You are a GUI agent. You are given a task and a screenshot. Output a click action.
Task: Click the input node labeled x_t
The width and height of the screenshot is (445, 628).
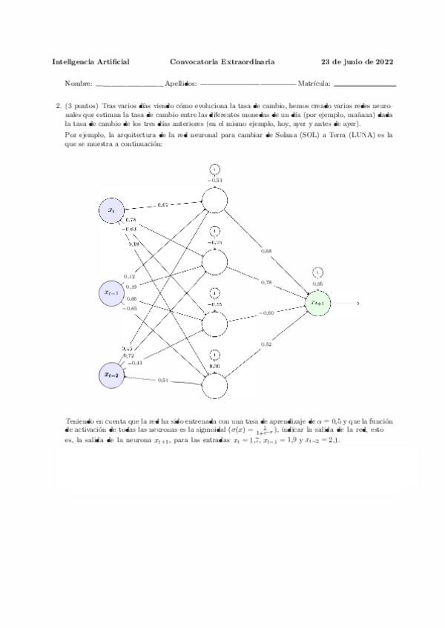tap(111, 210)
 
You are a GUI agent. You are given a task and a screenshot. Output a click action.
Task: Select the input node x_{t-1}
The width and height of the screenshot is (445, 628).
tap(111, 293)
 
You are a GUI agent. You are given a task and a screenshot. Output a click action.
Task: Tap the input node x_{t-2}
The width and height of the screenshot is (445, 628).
tap(111, 375)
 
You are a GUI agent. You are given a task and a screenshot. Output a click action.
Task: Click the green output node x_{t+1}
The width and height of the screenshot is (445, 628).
tap(318, 303)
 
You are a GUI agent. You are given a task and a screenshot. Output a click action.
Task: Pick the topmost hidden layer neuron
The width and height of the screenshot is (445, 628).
tap(214, 200)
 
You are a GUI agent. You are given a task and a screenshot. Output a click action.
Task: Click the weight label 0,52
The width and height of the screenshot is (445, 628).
tap(266, 344)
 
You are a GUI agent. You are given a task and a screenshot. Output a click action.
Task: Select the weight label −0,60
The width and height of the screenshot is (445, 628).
tap(266, 313)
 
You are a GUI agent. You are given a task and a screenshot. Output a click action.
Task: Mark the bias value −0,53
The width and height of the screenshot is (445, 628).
tap(214, 180)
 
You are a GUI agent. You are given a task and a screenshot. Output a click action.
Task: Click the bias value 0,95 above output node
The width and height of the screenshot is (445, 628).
tap(317, 284)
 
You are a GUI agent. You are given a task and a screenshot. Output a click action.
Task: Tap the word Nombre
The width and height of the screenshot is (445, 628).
tap(78, 84)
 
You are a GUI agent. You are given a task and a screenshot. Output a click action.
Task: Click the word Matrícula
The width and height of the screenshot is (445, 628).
tap(313, 84)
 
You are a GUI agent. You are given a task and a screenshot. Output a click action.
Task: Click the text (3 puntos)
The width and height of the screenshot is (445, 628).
tap(82, 106)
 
